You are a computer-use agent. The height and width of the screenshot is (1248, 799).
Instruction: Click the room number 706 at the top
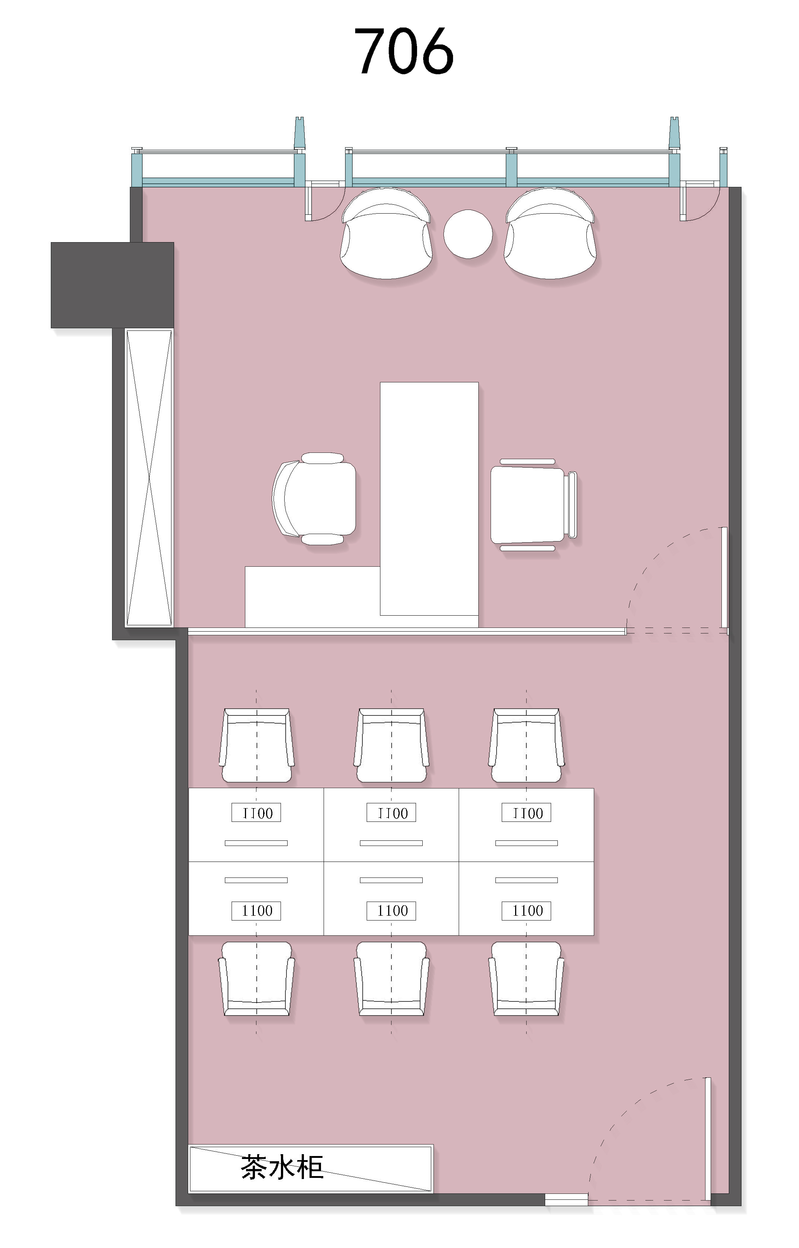[404, 51]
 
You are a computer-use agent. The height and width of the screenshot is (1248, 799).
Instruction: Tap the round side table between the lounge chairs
[468, 234]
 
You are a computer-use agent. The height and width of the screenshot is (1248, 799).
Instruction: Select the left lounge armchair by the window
[386, 233]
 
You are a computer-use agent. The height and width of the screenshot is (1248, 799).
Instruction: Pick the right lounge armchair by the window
[550, 233]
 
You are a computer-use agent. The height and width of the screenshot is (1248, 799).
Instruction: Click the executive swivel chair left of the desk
[314, 499]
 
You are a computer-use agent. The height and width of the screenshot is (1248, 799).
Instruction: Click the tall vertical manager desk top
[429, 499]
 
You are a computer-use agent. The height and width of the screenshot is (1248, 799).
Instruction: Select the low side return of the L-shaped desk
[312, 597]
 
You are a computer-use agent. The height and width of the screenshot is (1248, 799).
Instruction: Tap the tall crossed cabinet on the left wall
[149, 478]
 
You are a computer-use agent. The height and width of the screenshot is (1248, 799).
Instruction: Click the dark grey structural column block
[112, 285]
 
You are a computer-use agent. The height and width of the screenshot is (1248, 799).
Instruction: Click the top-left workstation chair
[256, 745]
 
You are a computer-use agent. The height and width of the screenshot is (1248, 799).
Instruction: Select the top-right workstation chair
[526, 745]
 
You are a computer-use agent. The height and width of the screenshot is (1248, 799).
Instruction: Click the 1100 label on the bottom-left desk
[256, 911]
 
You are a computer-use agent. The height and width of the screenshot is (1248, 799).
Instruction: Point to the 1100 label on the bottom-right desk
[526, 911]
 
